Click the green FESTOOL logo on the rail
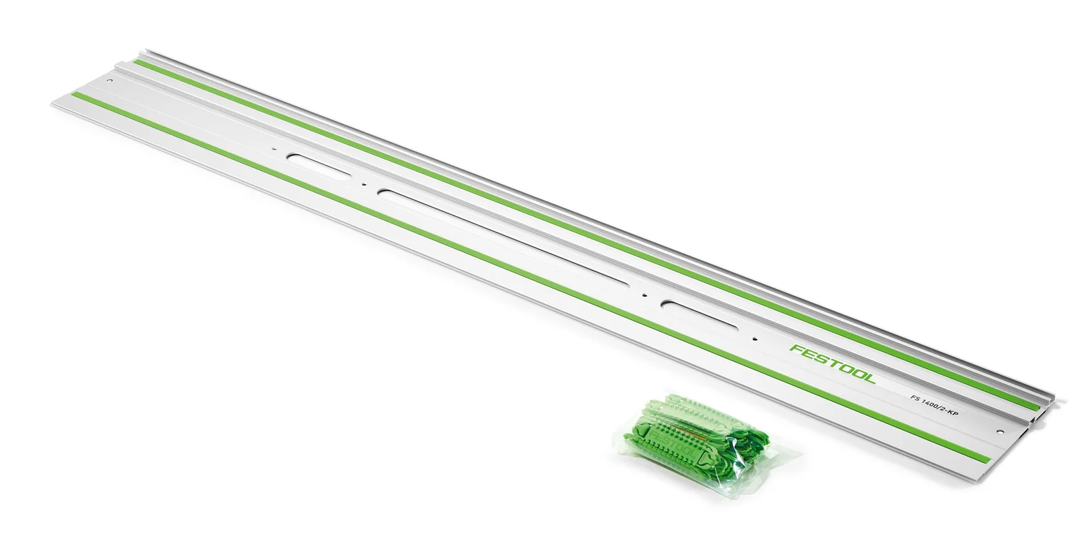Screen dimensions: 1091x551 tap(833, 364)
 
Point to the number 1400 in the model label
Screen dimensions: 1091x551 tap(931, 404)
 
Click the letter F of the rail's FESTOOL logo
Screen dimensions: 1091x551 tap(796, 348)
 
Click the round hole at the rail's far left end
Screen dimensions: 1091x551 tap(110, 80)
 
